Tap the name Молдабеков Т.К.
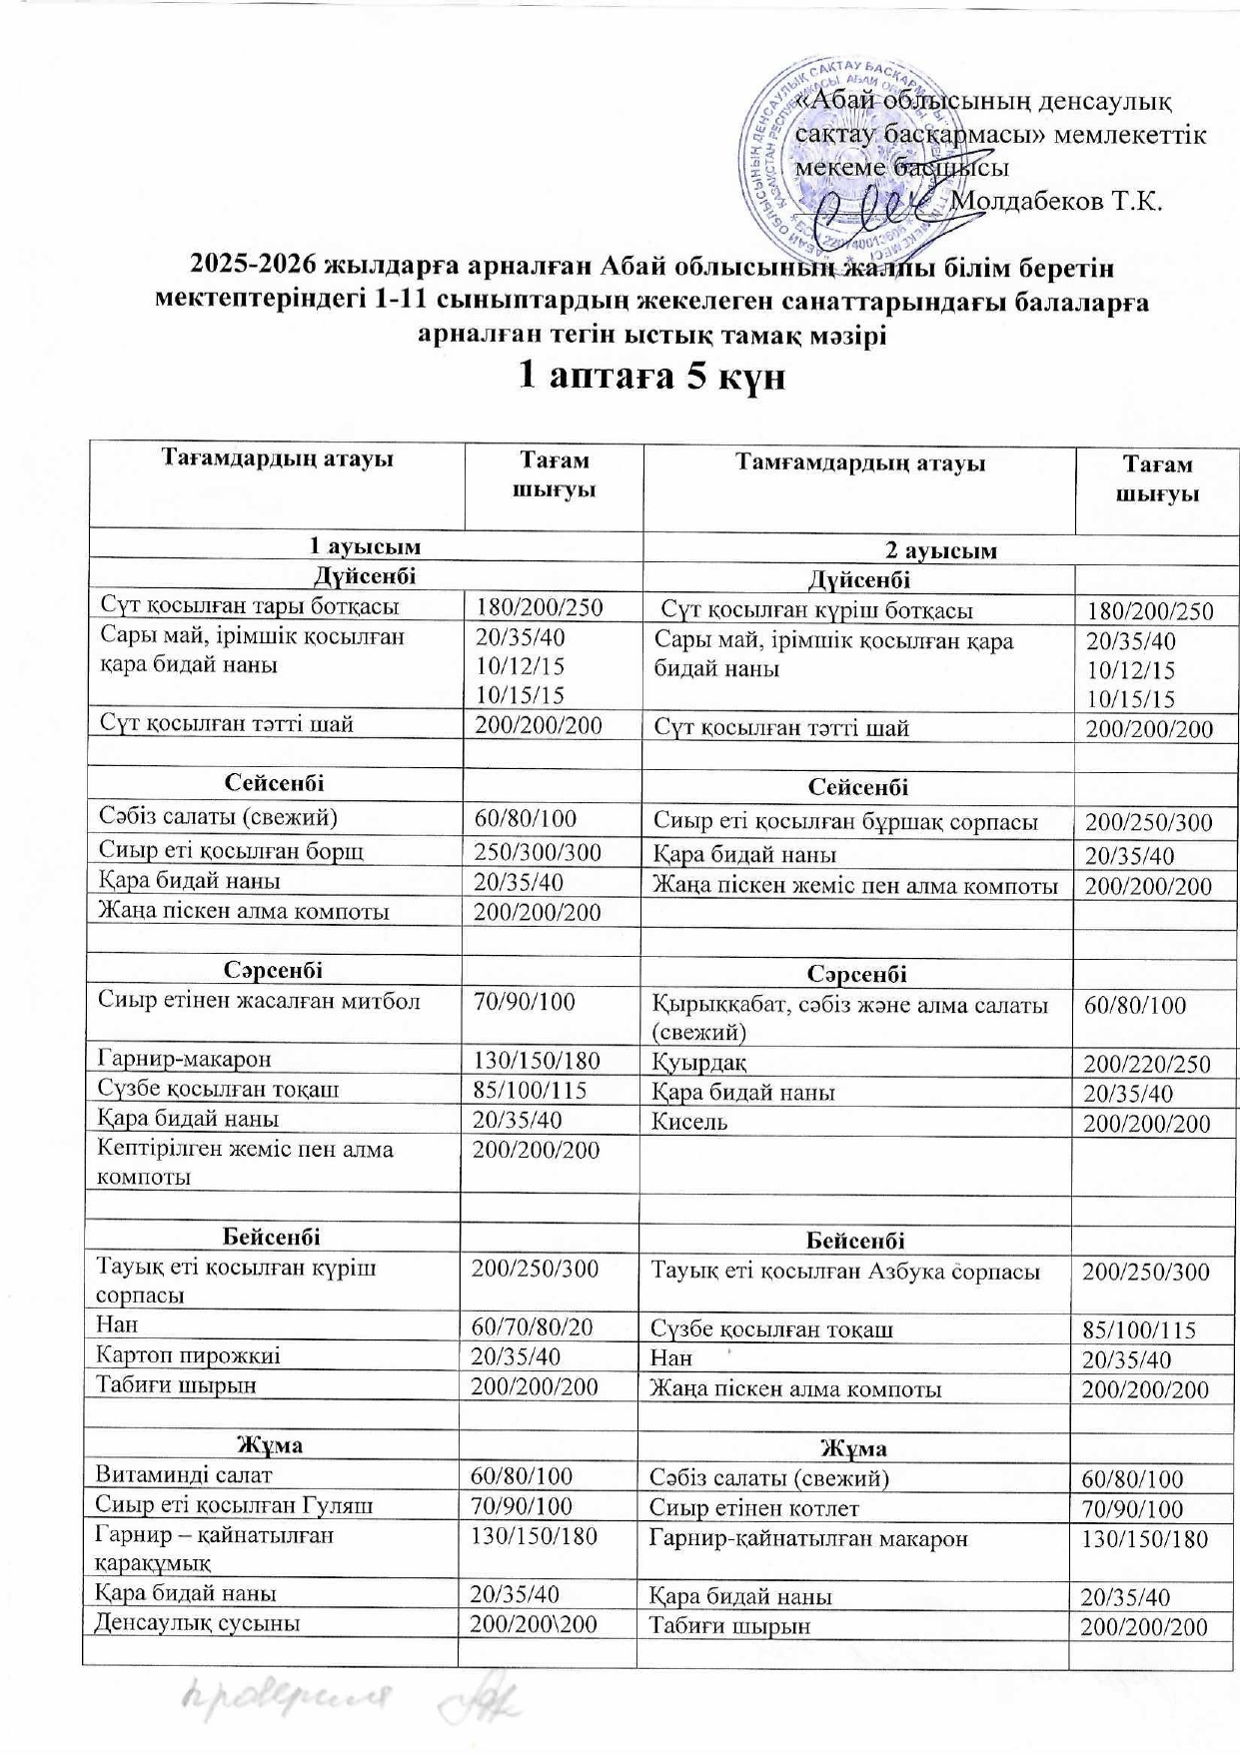[1058, 201]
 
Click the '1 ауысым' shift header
[365, 545]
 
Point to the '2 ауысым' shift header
[941, 549]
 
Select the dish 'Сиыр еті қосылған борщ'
[231, 850]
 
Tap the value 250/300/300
[539, 851]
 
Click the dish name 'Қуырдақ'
[699, 1062]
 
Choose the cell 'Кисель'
[689, 1121]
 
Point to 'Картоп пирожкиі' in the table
[188, 1355]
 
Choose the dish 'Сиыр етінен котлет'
[754, 1508]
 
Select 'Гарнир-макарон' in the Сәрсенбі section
[184, 1058]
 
